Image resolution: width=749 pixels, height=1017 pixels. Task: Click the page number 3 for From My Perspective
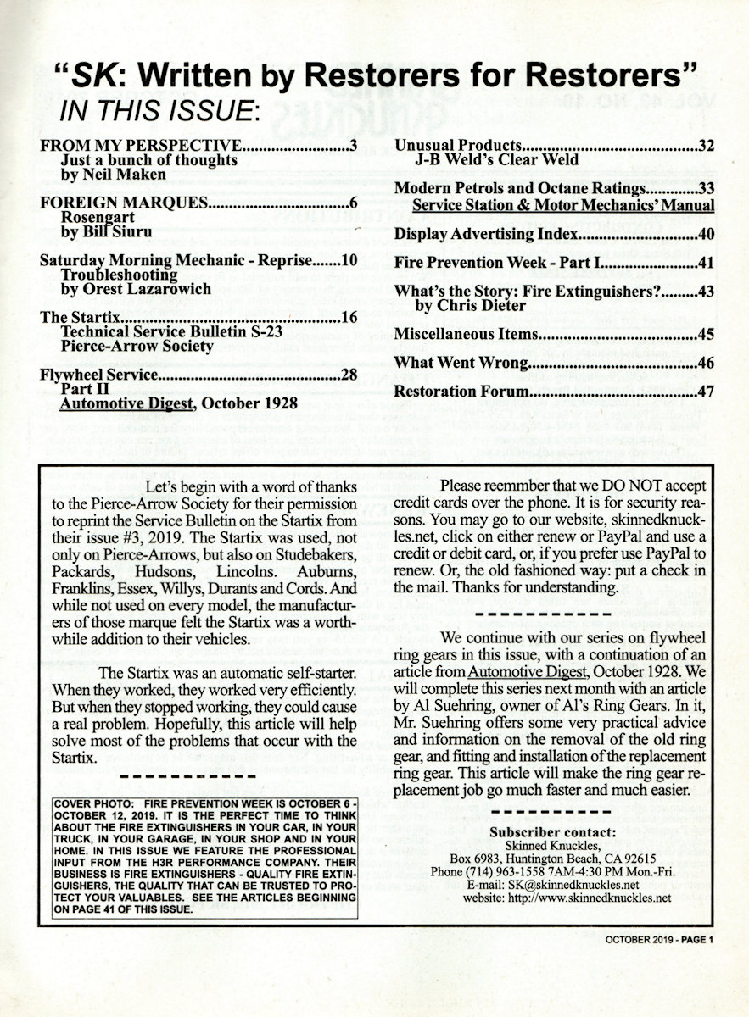pos(353,146)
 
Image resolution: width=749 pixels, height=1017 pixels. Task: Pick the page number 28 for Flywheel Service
pos(348,375)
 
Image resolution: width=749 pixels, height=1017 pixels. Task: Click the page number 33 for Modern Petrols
pos(706,189)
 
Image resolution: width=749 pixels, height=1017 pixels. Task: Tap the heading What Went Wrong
pos(461,364)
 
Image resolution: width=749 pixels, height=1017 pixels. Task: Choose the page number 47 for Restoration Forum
pos(706,392)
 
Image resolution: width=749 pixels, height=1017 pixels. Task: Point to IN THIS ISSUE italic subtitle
pos(157,110)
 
